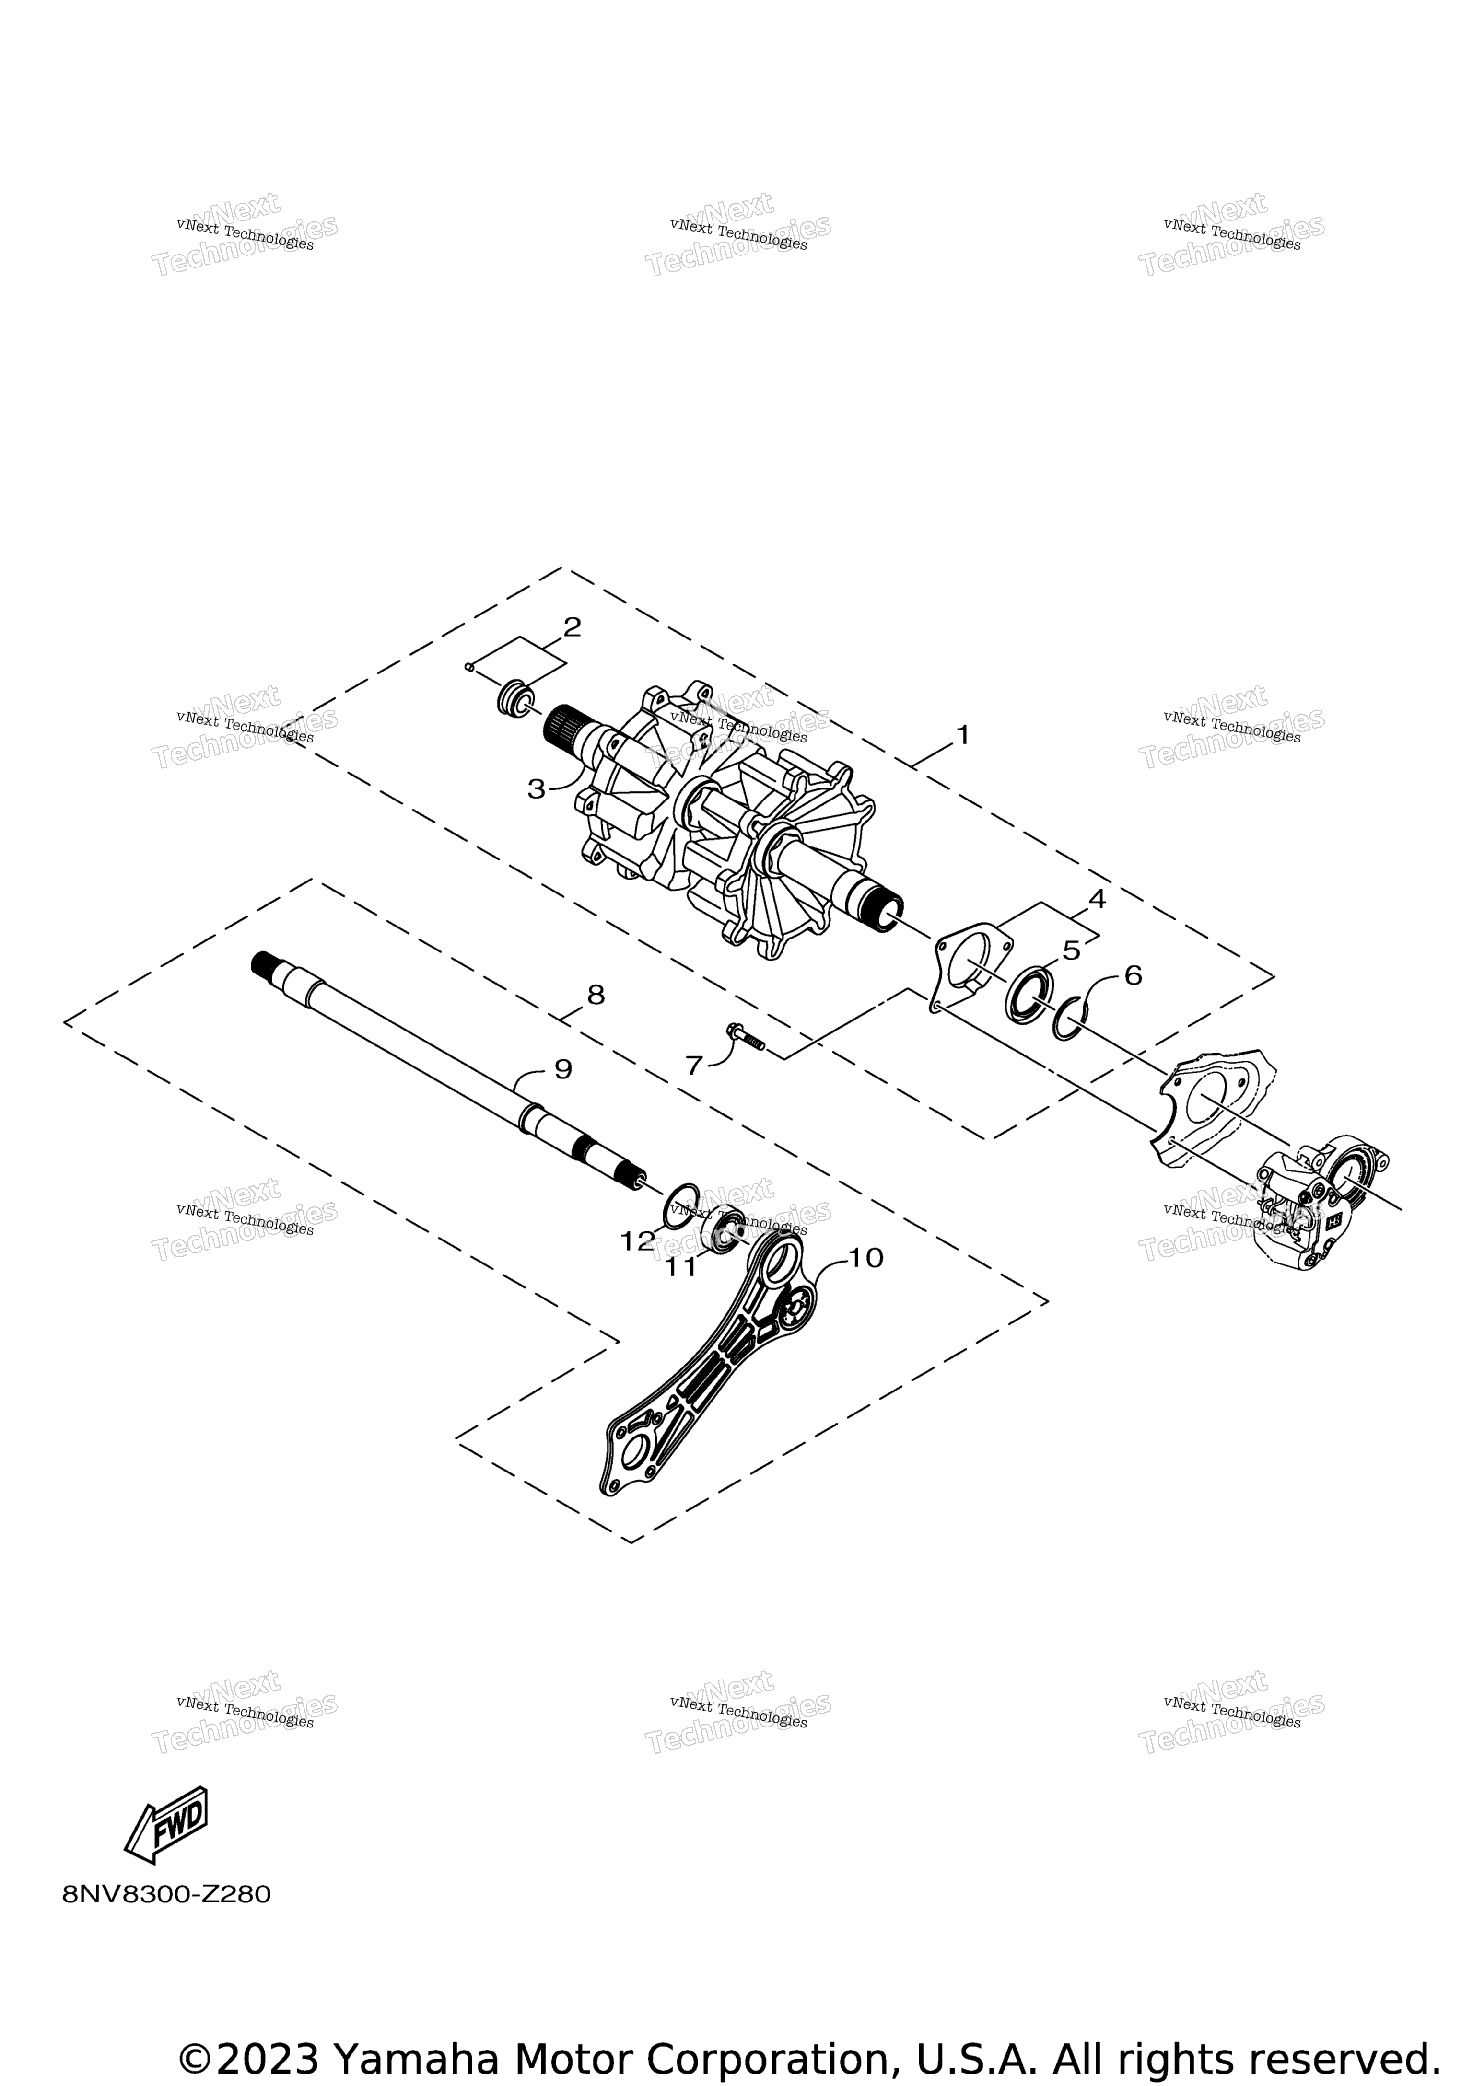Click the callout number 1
point(962,734)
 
